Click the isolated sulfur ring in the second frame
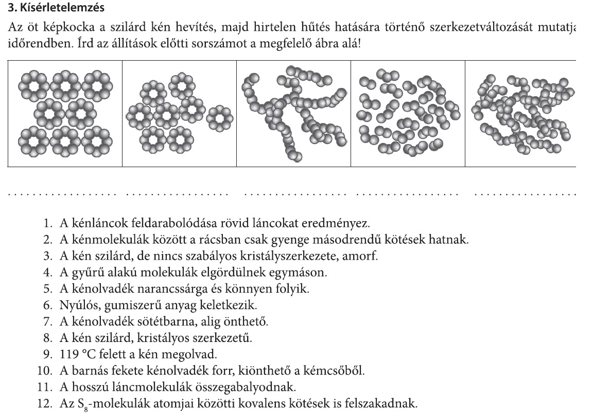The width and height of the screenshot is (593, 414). tap(220, 119)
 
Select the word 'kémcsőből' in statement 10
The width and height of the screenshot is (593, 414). tap(340, 371)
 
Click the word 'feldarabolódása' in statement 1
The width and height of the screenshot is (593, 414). tap(146, 224)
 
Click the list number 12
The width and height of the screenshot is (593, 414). tap(45, 404)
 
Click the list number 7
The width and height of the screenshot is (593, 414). tap(48, 322)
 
